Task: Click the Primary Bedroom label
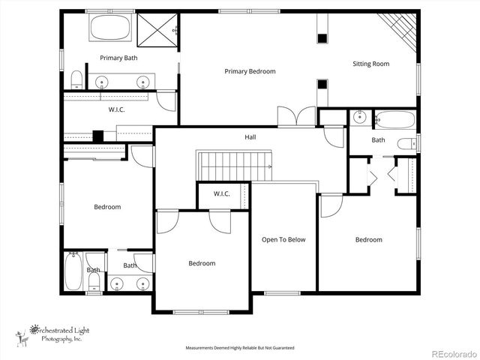tap(250, 71)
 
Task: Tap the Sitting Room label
tap(371, 64)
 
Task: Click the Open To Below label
tap(283, 240)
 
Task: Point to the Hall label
tap(250, 137)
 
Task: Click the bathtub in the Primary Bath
tap(111, 29)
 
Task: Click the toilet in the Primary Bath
tap(76, 79)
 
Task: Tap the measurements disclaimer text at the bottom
tap(240, 348)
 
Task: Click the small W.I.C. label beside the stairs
tap(221, 194)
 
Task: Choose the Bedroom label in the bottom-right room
tap(368, 240)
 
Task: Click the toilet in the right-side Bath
tap(407, 143)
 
